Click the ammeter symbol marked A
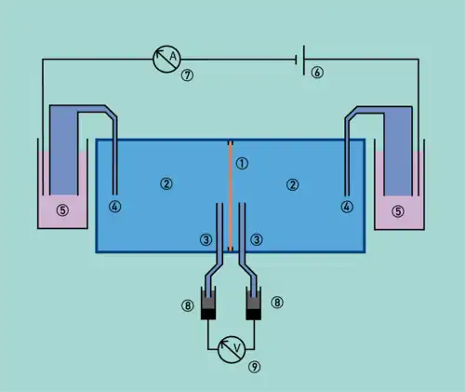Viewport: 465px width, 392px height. coord(166,59)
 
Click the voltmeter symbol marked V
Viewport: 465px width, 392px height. coord(232,349)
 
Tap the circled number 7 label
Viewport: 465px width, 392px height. coord(187,75)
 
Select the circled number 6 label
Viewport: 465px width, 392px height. coord(317,73)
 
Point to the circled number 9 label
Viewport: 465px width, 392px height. coord(254,367)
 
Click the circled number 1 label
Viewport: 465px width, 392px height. coord(242,163)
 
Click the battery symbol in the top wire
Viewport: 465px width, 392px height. coord(300,60)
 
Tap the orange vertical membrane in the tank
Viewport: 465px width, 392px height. coord(231,196)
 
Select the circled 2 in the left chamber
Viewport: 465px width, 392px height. coord(166,183)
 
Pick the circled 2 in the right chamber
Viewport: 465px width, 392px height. coord(292,185)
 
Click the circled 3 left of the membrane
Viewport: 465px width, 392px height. coord(206,239)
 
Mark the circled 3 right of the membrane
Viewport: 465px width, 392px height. coord(257,239)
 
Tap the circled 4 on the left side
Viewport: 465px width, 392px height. coord(114,207)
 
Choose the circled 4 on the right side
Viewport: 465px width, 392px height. coord(347,207)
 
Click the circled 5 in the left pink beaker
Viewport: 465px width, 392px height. coord(62,210)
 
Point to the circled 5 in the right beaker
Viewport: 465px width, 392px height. coord(398,211)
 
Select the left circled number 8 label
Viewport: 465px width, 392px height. coord(188,305)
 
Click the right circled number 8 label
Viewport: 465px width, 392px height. coord(277,303)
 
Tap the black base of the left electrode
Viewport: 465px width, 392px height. coord(208,315)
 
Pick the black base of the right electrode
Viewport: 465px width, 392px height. coord(253,315)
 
